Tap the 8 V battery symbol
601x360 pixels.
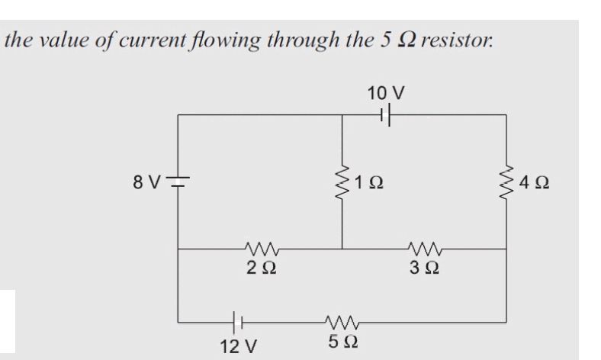tap(178, 184)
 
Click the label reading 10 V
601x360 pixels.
tap(385, 93)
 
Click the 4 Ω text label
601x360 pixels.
tap(535, 184)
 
